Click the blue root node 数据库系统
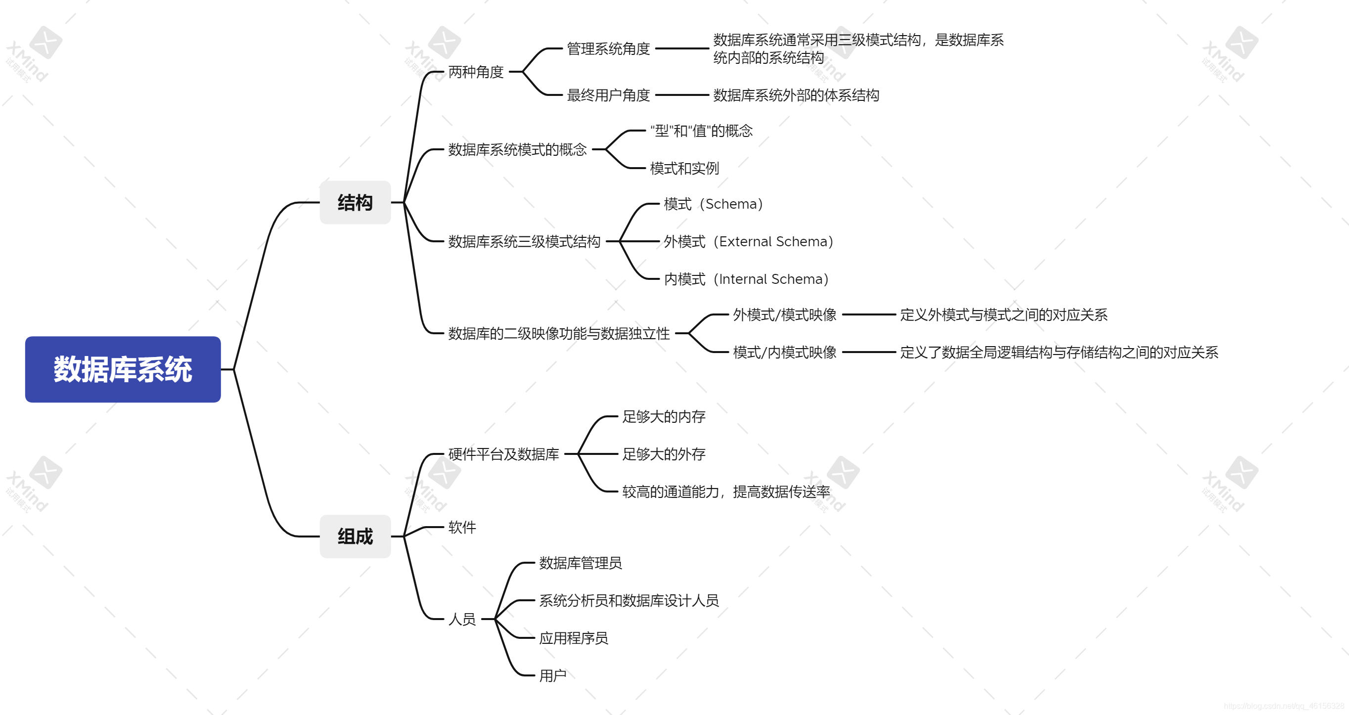pyautogui.click(x=123, y=369)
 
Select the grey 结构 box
pyautogui.click(x=355, y=203)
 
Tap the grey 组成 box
pyautogui.click(x=355, y=536)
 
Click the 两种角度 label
pyautogui.click(x=476, y=72)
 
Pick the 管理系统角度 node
pyautogui.click(x=608, y=49)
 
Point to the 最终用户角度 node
pyautogui.click(x=608, y=95)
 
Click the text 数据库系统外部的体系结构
pyautogui.click(x=796, y=95)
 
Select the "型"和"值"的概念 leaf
pyautogui.click(x=701, y=131)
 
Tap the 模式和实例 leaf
pyautogui.click(x=684, y=168)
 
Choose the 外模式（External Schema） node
pyautogui.click(x=748, y=241)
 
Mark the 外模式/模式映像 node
pyautogui.click(x=784, y=315)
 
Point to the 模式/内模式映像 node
pyautogui.click(x=784, y=353)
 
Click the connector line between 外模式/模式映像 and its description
pyautogui.click(x=869, y=315)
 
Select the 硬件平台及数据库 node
pyautogui.click(x=503, y=454)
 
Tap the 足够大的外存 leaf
pyautogui.click(x=664, y=454)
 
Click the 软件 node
pyautogui.click(x=462, y=527)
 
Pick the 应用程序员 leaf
pyautogui.click(x=574, y=638)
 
